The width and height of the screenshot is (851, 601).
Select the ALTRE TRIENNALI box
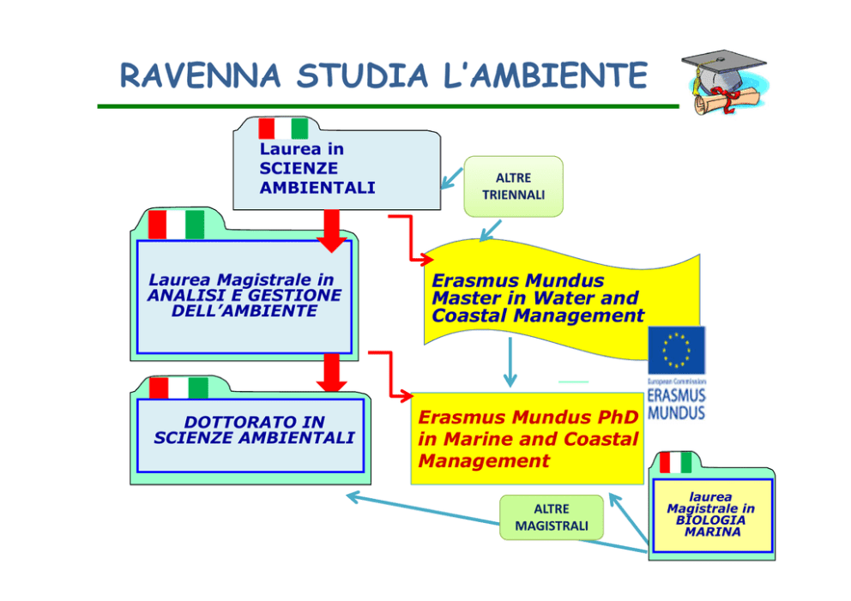513,186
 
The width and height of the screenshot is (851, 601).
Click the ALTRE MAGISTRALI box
552,517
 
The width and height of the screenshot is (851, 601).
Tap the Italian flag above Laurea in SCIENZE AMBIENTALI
283,129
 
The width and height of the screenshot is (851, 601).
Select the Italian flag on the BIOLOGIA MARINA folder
675,463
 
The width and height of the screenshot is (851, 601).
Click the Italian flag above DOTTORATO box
178,388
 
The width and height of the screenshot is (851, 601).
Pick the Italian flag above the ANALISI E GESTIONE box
176,225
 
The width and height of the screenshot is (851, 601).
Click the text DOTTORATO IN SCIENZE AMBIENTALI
254,430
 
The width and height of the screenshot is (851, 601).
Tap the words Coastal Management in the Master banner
538,316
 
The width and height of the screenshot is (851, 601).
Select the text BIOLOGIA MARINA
710,526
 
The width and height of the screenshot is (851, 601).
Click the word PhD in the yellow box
615,418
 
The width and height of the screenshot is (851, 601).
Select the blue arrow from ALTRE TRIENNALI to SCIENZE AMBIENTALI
451,177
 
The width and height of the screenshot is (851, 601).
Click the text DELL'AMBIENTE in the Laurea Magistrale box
244,310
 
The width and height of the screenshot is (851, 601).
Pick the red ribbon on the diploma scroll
727,104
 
